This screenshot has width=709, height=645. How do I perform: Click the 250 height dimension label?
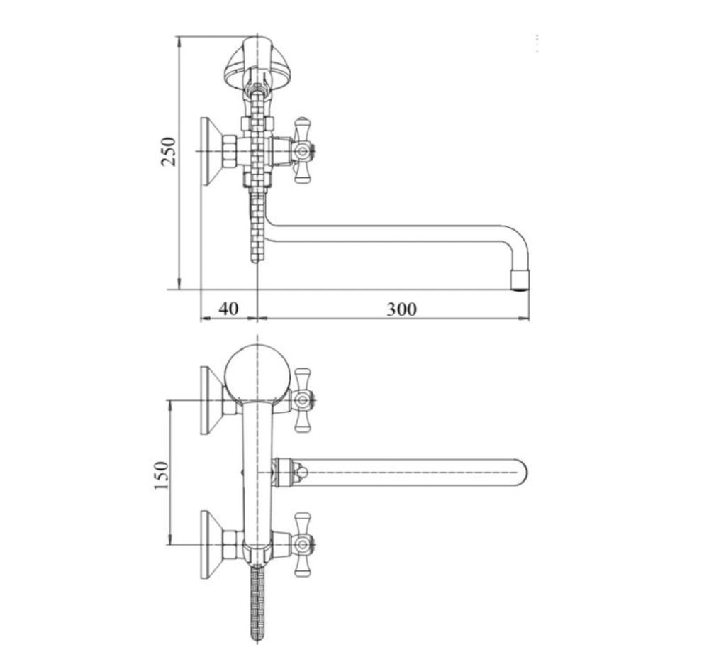168,151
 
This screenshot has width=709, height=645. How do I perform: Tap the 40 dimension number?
228,309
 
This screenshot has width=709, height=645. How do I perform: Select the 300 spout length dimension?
401,309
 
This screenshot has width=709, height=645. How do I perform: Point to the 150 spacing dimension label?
161,475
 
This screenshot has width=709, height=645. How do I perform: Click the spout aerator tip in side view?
520,280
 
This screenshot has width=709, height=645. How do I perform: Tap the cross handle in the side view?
303,150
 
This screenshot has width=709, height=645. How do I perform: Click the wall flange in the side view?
210,152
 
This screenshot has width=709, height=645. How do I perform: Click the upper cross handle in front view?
303,399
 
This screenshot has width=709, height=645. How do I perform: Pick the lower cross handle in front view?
303,544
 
